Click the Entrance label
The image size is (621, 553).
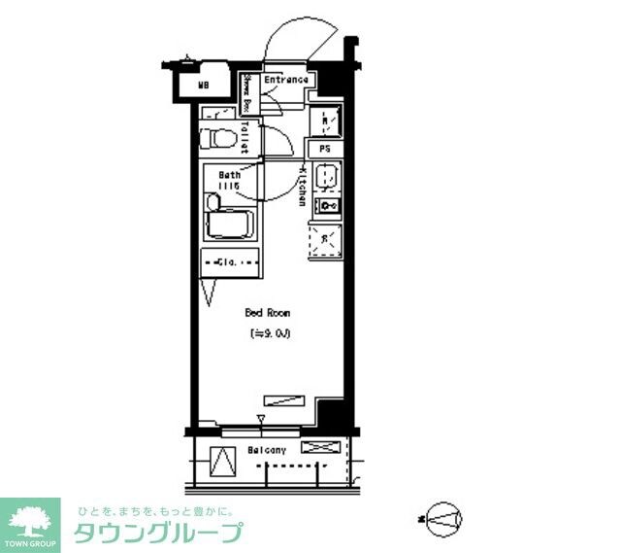pos(286,81)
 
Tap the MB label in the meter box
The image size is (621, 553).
pos(204,86)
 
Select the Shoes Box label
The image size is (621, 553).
pos(247,93)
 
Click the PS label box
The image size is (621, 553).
pos(325,150)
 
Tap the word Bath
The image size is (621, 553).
pos(229,175)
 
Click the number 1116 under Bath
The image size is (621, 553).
pos(229,186)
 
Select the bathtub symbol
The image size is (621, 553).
pos(229,223)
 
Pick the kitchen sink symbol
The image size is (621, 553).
pos(326,179)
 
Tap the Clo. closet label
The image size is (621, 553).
pos(229,261)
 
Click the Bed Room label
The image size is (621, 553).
pos(267,314)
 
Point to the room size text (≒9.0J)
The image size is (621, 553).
pos(271,334)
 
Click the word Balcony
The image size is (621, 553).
pos(266,450)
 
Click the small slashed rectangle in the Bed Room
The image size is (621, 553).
pos(284,399)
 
